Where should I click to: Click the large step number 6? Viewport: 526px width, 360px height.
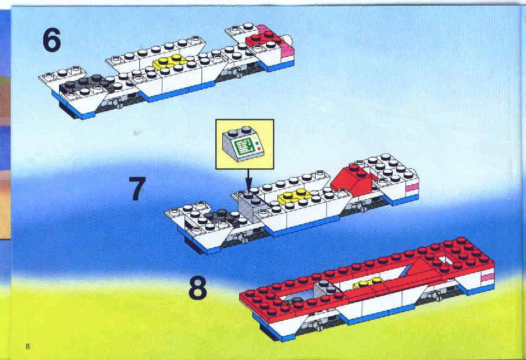click(51, 40)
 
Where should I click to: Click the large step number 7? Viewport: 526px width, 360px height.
click(137, 188)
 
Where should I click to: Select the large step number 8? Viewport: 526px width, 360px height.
click(198, 288)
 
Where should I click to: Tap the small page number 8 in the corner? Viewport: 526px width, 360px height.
click(28, 346)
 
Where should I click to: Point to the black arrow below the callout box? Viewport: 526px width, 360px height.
click(248, 180)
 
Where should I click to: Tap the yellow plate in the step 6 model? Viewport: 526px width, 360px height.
click(169, 61)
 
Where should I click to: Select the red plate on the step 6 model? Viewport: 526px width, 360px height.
click(264, 38)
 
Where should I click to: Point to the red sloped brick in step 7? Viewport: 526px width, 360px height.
click(352, 180)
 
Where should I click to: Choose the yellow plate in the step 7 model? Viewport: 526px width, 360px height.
click(294, 196)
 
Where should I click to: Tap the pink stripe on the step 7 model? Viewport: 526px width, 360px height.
click(412, 187)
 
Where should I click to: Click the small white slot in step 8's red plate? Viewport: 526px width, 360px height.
click(445, 261)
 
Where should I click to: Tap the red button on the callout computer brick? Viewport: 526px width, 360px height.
click(258, 148)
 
